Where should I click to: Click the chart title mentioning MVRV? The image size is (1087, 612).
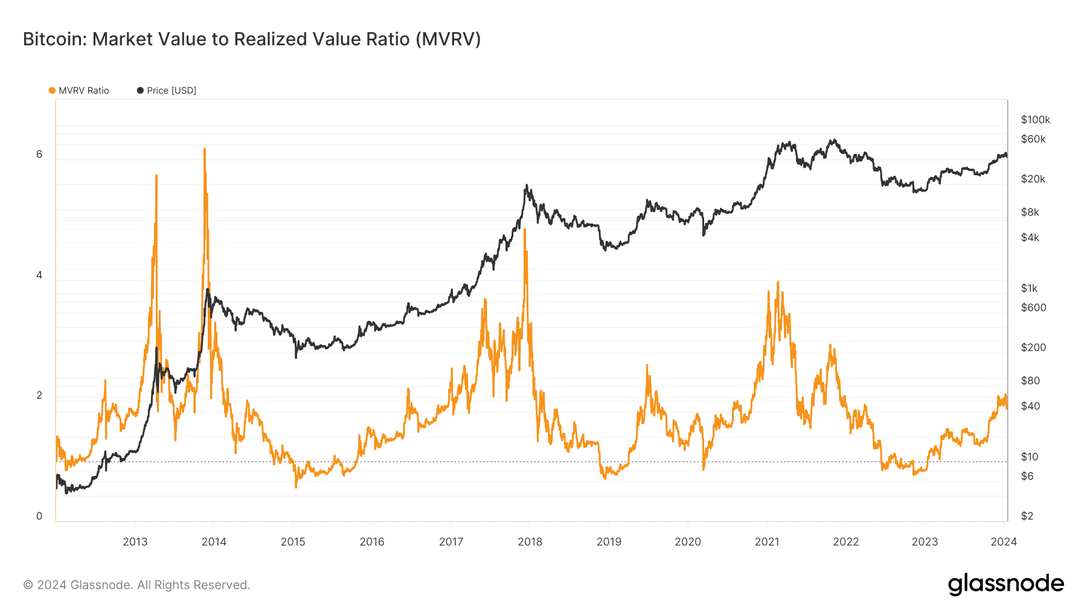pos(252,39)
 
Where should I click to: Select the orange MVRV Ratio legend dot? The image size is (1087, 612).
pos(52,91)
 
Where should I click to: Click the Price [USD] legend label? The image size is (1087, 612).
pos(172,91)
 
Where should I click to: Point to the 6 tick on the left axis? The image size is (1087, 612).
pos(39,154)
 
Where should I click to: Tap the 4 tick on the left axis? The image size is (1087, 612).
pos(39,275)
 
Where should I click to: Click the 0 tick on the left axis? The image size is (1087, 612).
pos(39,516)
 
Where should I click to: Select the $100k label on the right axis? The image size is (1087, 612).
pos(1036,120)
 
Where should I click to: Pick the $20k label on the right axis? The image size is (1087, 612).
pos(1033,179)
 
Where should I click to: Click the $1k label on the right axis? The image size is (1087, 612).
pos(1029,288)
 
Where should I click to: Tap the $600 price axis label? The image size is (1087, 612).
pos(1033,308)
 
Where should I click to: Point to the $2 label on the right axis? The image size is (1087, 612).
pos(1027,516)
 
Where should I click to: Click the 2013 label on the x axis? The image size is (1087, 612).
pos(135,541)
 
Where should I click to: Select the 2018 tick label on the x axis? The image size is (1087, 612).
pos(530,541)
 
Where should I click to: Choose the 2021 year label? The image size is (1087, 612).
pos(767,541)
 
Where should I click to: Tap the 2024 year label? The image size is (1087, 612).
pos(1004,541)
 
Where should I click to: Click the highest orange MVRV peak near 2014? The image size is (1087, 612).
pos(205,149)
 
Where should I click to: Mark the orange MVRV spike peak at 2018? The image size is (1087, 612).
pos(525,230)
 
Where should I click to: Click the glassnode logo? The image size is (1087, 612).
pos(1006,584)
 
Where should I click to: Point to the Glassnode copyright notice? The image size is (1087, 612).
pos(136,585)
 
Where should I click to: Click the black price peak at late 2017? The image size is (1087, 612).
pos(527,185)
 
